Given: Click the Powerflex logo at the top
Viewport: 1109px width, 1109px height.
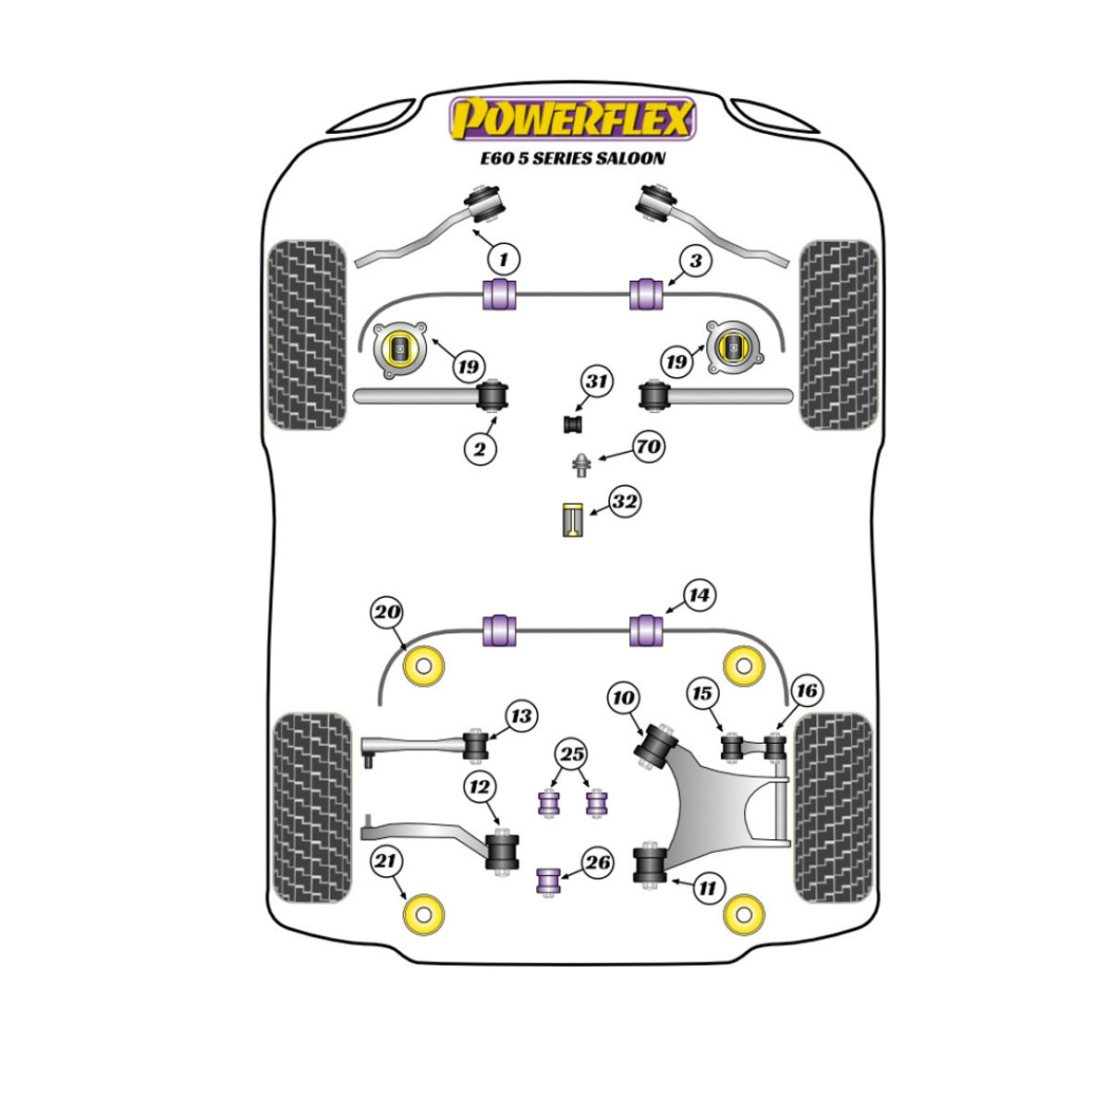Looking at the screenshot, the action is tap(572, 118).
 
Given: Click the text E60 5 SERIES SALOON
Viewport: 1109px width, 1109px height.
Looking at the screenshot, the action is tap(573, 158).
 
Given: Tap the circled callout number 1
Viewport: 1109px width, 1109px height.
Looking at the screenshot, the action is tap(504, 260).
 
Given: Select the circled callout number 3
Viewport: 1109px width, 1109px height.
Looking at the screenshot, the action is tap(696, 261).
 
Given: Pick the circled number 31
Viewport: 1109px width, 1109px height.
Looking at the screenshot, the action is tap(596, 382).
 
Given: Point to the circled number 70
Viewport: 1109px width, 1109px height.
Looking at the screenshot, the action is tap(649, 446).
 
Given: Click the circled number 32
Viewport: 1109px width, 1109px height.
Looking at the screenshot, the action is tap(625, 502).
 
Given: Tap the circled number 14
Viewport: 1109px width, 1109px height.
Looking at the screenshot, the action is tap(700, 595).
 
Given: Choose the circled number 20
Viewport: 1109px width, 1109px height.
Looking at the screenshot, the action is tap(386, 612).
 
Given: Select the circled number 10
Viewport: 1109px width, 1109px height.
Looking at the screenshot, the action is tap(623, 698).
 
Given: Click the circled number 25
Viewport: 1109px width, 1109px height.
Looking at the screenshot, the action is tap(571, 754).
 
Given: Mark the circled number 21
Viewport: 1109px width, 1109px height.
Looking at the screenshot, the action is tap(385, 861).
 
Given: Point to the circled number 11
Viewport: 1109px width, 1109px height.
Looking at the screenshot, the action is tap(707, 888).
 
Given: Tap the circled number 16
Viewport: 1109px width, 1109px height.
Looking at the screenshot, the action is tap(806, 690).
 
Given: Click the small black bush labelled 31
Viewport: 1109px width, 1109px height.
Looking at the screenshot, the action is tap(573, 424).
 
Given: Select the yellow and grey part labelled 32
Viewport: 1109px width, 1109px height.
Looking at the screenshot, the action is tap(573, 520).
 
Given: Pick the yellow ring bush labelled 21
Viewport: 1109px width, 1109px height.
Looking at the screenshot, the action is tap(424, 915).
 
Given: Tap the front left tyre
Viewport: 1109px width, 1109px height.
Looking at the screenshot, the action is tap(308, 335).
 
